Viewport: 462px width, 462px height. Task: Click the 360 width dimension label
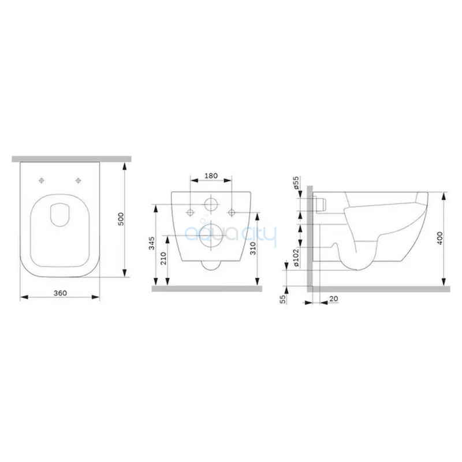pos(61,293)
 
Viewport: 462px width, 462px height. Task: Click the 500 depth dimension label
pos(121,219)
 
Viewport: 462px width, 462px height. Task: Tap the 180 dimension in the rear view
pos(211,176)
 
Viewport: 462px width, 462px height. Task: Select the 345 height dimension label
pos(151,243)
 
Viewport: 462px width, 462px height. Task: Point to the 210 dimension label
pos(163,258)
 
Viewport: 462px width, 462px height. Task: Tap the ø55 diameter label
pos(296,182)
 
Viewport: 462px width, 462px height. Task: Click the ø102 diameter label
pos(296,258)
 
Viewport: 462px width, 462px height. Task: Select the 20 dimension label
pos(334,299)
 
